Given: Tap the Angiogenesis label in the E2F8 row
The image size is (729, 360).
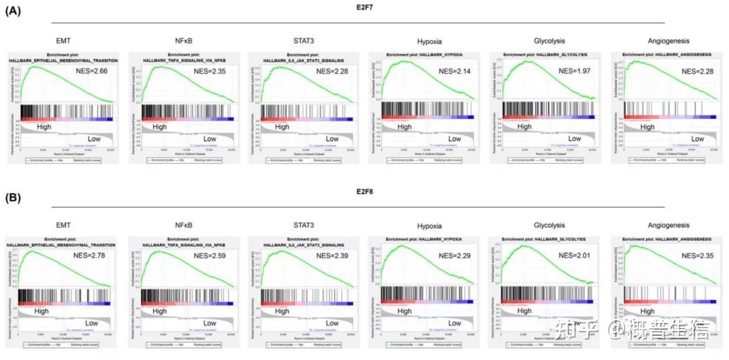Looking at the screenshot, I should [x=666, y=225].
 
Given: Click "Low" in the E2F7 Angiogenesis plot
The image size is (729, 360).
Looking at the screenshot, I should [x=697, y=138].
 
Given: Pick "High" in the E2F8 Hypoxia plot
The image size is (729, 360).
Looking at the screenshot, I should [x=404, y=311].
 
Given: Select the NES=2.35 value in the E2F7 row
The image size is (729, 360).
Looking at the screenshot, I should [x=211, y=71].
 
